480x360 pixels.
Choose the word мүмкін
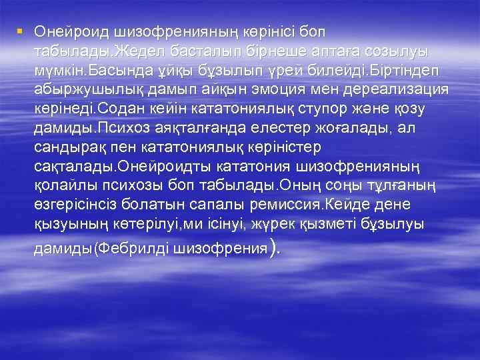60,70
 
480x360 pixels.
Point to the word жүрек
273,225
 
